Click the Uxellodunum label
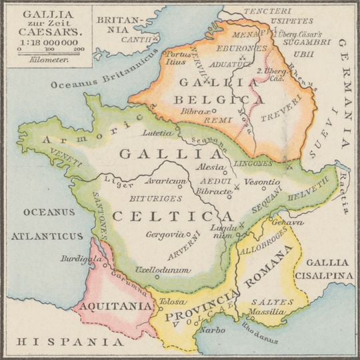coord(161,270)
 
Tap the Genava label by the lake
coord(283,223)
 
